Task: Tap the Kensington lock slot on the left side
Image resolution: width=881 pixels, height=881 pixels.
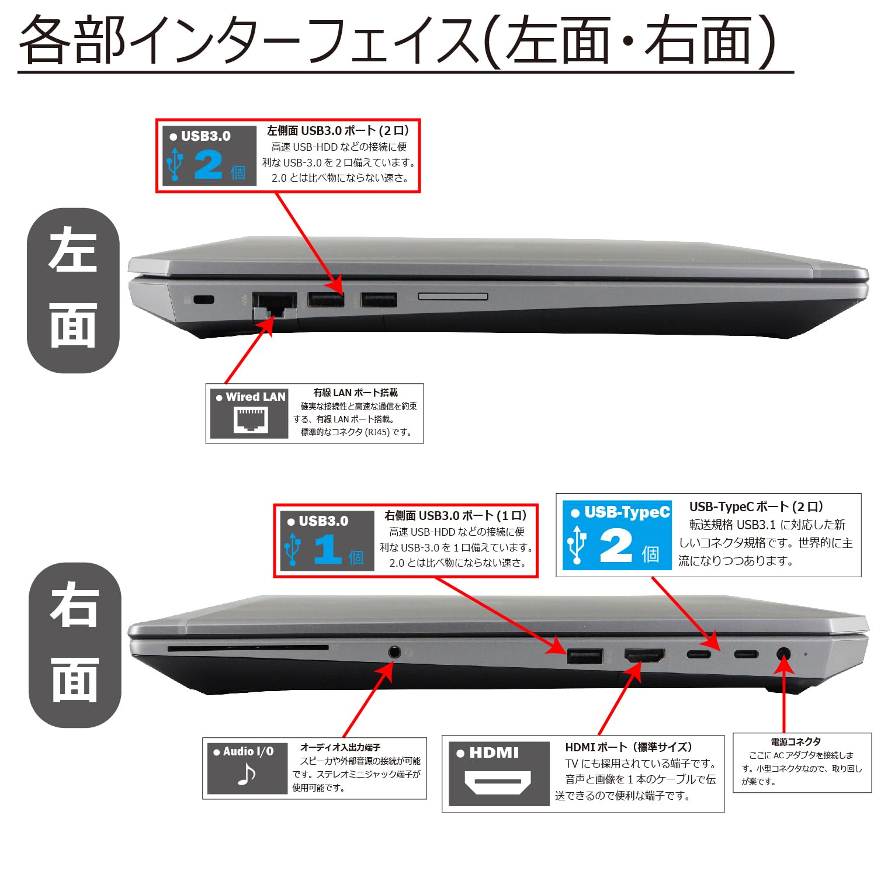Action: click(203, 300)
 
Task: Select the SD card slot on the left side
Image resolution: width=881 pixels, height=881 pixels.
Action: click(453, 297)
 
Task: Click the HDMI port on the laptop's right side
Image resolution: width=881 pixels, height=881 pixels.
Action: click(644, 655)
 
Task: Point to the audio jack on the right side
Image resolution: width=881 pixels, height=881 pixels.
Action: click(394, 651)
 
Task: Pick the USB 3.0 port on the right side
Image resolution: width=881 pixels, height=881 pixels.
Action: click(585, 656)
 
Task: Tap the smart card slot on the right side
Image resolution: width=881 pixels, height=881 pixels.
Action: click(248, 648)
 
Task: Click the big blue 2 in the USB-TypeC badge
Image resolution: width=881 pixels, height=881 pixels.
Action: click(616, 546)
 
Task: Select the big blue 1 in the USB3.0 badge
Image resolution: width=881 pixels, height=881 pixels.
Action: click(328, 550)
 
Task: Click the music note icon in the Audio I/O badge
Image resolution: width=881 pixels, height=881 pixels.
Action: click(247, 775)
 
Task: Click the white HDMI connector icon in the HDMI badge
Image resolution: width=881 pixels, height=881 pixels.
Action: click(498, 781)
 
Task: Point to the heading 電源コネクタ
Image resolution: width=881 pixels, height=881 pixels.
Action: click(796, 741)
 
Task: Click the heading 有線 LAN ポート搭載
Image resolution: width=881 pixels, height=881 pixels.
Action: click(355, 393)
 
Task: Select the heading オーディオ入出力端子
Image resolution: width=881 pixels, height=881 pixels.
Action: click(340, 747)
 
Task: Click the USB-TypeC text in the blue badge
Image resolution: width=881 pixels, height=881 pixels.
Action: click(626, 512)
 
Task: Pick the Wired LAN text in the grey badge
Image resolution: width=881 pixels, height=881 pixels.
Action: click(255, 397)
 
